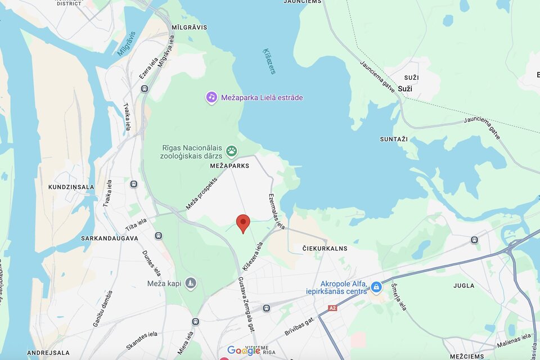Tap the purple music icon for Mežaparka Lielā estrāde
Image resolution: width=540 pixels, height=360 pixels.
coord(211,97)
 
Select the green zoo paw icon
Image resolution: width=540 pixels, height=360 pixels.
coord(232,151)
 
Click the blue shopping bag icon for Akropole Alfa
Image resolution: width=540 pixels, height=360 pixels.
coord(376,288)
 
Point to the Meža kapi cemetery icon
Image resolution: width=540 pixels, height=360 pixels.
coord(191,282)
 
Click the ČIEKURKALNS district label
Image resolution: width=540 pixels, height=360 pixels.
coord(325,248)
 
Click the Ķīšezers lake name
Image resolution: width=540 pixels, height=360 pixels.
coord(269,61)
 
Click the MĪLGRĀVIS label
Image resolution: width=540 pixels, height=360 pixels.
coord(190,27)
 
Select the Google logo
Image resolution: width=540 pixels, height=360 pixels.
coord(244,350)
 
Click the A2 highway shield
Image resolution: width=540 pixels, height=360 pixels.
coord(332,308)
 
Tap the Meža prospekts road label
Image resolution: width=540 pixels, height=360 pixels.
coord(201,193)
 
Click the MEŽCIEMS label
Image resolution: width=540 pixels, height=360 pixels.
coord(466,357)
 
